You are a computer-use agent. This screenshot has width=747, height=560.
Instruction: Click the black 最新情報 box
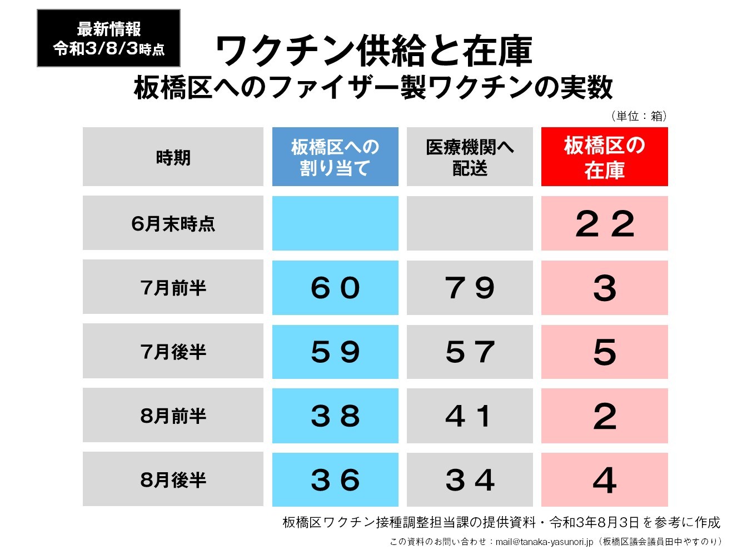[x=108, y=38]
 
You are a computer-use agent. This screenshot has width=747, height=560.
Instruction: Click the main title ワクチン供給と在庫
[x=373, y=51]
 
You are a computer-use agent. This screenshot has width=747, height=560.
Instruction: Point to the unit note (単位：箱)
[x=639, y=116]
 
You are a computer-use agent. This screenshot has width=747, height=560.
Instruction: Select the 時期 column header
[x=173, y=157]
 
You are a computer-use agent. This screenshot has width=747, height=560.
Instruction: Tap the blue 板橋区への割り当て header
[x=335, y=157]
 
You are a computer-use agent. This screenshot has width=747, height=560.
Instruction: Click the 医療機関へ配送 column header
[x=470, y=157]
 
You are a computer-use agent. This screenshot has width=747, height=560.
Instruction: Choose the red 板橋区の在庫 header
[x=604, y=157]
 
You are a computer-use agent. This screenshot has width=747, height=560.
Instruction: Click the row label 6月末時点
[x=173, y=223]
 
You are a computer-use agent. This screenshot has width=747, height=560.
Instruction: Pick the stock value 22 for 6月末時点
[x=604, y=223]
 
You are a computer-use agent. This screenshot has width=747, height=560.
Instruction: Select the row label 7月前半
[x=173, y=287]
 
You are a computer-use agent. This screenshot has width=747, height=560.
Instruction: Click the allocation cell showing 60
[x=335, y=287]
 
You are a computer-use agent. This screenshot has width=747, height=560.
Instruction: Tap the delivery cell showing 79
[x=470, y=287]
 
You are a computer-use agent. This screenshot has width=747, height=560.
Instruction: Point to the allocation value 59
[x=335, y=352]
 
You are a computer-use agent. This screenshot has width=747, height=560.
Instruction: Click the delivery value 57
[x=470, y=352]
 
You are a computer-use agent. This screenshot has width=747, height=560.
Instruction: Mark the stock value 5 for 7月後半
[x=604, y=352]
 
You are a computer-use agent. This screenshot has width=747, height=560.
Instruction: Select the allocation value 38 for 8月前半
[x=335, y=416]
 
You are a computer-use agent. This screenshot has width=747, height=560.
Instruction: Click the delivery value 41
[x=470, y=416]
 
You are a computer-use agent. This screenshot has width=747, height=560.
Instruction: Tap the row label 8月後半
[x=173, y=479]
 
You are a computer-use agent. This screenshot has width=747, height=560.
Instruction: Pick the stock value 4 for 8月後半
[x=604, y=479]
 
